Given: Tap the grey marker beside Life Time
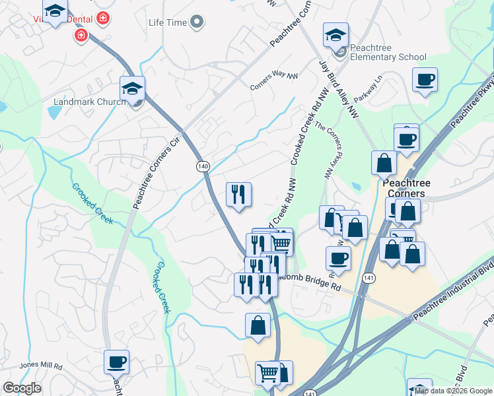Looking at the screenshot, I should point(196,23).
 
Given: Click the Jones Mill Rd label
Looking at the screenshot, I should point(40,366).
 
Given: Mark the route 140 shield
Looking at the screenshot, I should point(202,166).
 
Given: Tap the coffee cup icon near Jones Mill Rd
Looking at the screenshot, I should point(116,362).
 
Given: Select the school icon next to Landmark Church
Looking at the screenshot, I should point(132,88).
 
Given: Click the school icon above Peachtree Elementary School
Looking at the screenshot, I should point(335,34).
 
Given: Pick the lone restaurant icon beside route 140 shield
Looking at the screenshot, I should point(238,193).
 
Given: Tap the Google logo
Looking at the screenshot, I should point(22,388).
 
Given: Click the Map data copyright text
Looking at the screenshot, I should point(453,391).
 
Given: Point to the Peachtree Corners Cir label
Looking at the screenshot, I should point(157,165).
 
